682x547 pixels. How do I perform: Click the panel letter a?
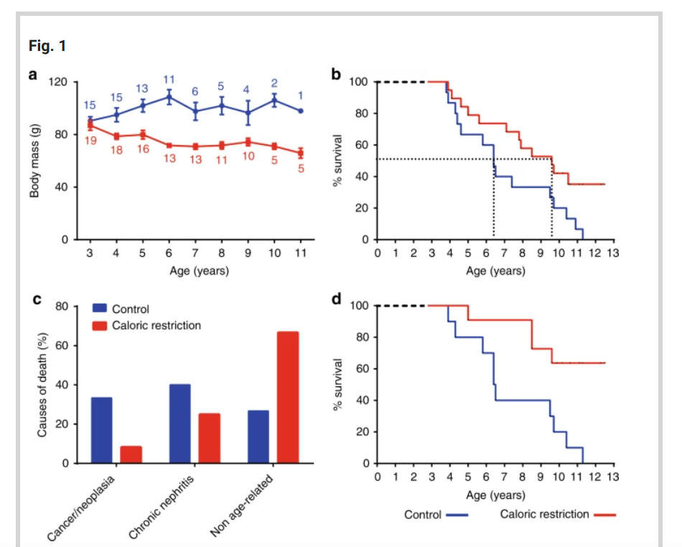pyautogui.click(x=33, y=74)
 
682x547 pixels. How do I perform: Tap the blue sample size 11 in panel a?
pyautogui.click(x=169, y=79)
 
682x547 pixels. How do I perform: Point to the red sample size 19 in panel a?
pyautogui.click(x=91, y=141)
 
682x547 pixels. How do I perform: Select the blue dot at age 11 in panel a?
pyautogui.click(x=301, y=111)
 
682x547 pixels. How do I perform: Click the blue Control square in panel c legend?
pyautogui.click(x=100, y=309)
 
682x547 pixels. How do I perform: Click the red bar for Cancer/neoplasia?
pyautogui.click(x=131, y=454)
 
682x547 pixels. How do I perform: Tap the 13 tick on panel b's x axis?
pyautogui.click(x=612, y=253)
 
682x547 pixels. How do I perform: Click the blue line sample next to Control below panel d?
pyautogui.click(x=457, y=515)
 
